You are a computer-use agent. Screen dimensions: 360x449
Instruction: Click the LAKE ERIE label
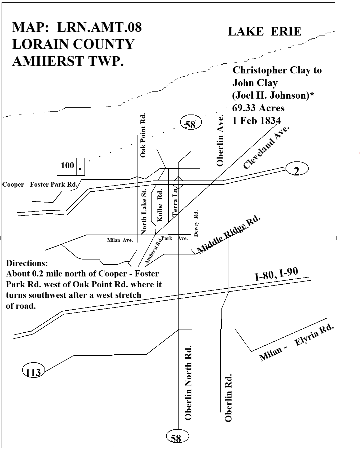pyautogui.click(x=264, y=32)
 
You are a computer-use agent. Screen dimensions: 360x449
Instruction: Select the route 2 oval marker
pyautogui.click(x=297, y=169)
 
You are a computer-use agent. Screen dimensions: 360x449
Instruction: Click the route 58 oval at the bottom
pyautogui.click(x=177, y=436)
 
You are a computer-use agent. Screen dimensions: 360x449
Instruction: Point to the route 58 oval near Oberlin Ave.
pyautogui.click(x=191, y=122)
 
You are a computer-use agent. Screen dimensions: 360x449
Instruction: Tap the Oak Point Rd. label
pyautogui.click(x=143, y=135)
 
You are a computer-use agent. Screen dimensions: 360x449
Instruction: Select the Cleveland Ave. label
pyautogui.click(x=266, y=147)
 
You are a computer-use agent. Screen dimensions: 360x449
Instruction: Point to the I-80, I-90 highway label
pyautogui.click(x=277, y=274)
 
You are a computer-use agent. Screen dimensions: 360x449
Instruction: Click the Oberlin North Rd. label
pyautogui.click(x=188, y=382)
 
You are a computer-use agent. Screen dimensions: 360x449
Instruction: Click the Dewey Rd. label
pyautogui.click(x=196, y=223)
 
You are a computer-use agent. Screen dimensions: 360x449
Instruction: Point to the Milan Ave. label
pyautogui.click(x=120, y=240)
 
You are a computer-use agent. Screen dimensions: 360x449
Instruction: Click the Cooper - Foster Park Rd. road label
pyautogui.click(x=40, y=184)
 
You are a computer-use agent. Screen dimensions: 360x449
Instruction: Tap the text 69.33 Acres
pyautogui.click(x=258, y=108)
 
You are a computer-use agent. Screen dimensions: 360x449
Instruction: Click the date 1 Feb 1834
pyautogui.click(x=256, y=121)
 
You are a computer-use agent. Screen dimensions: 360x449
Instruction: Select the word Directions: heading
pyautogui.click(x=27, y=263)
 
